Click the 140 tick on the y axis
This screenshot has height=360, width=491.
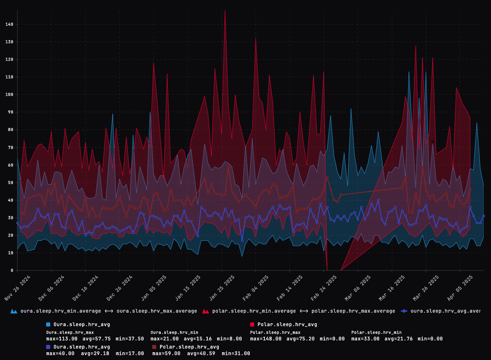pos(9,24)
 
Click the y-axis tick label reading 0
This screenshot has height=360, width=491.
pos(12,270)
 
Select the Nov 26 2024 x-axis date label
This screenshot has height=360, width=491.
pos(18,288)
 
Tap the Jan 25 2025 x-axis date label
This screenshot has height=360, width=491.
pos(222,288)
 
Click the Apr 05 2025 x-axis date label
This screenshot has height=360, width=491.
pos(460,288)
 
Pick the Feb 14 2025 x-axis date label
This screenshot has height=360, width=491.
pos(290,288)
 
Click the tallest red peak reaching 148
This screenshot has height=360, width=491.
pos(225,11)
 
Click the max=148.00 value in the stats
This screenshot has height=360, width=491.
pos(266,339)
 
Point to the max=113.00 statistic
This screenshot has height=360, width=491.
pos(62,339)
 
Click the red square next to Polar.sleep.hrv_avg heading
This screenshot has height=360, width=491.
pos(252,324)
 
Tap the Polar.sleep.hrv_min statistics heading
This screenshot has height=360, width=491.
pos(376,332)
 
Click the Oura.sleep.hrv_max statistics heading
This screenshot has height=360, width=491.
pos(70,332)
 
